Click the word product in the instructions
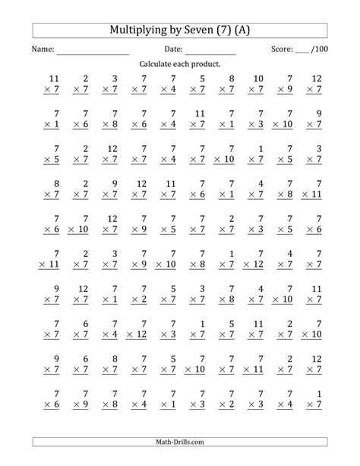tap(205, 65)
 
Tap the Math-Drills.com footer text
tap(180, 442)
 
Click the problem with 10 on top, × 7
tap(257, 84)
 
